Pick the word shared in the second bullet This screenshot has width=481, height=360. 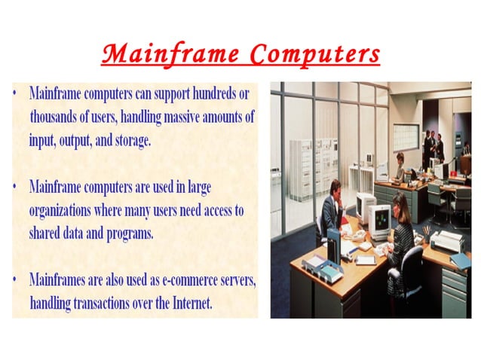[47, 233]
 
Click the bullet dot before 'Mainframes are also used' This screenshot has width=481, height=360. [16, 280]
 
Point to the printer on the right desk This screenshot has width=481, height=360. [446, 241]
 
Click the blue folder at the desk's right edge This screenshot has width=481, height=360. [461, 261]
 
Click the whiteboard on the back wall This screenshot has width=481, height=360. [405, 136]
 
